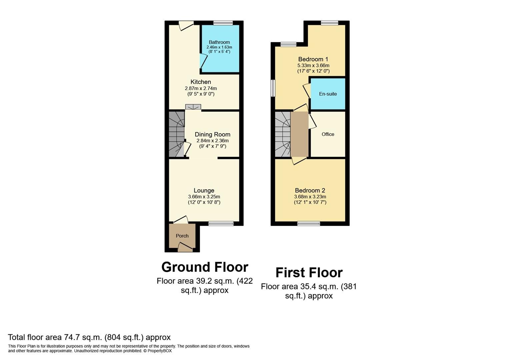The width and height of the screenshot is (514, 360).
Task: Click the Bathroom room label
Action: coord(219,42)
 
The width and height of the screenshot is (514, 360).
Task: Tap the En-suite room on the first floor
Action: coord(328,94)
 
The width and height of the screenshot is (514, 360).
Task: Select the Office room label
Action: coord(328,134)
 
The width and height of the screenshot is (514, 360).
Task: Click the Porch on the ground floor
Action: coord(182,236)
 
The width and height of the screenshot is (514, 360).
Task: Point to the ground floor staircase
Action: coord(176,134)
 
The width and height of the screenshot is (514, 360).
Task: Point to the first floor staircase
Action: coord(283,134)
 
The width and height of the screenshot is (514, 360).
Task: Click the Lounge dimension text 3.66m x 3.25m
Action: coord(204,197)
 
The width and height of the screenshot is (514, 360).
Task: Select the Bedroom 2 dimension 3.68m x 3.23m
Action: coord(310,197)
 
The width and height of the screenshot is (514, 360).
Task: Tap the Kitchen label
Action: coord(201,82)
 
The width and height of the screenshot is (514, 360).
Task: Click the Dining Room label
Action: coord(213,134)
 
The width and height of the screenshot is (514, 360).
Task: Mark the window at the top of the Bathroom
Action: coord(223,23)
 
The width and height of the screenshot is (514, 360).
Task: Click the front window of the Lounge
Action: coord(221,223)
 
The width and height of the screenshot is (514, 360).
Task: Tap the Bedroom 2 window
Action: coord(309,223)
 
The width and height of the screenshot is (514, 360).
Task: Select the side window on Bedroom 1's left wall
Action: coord(273,88)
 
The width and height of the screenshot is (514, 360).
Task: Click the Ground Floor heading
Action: coord(205,267)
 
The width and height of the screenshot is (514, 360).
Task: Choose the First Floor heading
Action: coord(309,273)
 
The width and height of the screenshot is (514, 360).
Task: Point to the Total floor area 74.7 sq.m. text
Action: coord(89,337)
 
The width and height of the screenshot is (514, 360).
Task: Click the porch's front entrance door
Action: coord(185,247)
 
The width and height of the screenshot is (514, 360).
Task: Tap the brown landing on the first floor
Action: coord(299,134)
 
